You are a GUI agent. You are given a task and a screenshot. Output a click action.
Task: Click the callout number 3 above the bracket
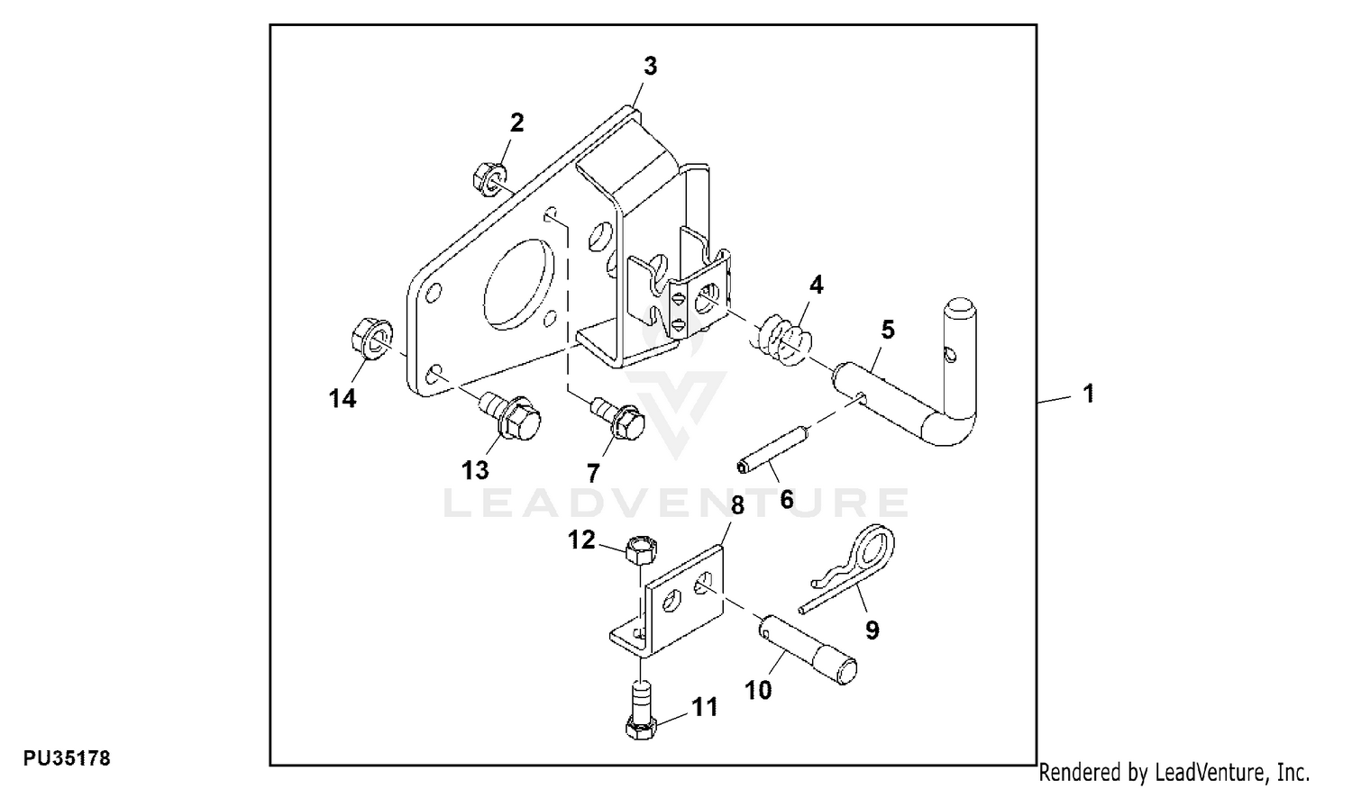click(650, 66)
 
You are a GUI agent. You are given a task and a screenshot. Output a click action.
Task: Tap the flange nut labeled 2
click(489, 177)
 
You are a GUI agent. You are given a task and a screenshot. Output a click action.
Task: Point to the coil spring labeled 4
click(781, 340)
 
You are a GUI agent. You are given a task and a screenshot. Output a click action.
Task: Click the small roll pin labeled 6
click(772, 450)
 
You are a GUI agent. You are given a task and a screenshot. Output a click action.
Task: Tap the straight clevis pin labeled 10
click(807, 649)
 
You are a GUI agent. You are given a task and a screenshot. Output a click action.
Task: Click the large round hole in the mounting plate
click(519, 284)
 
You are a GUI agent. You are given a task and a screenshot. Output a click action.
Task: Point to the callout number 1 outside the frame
click(1088, 394)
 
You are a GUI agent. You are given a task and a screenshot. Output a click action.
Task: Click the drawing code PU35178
click(67, 759)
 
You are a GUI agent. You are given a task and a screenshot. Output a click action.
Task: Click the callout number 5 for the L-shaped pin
click(887, 330)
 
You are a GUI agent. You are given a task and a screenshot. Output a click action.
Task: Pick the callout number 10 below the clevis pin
click(758, 690)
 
